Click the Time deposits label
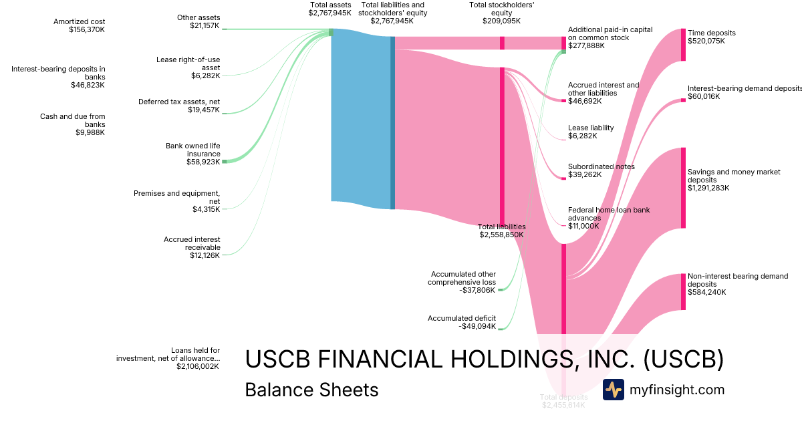[x=711, y=33]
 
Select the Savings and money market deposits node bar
[x=683, y=188]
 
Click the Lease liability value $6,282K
[x=582, y=136]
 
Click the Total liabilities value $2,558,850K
[x=501, y=235]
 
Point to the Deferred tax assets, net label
[x=179, y=102]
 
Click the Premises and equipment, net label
[x=176, y=197]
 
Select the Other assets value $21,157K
[x=204, y=25]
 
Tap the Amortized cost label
[x=80, y=21]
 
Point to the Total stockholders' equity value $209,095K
[x=501, y=21]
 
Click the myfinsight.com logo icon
[x=613, y=390]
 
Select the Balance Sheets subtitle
[x=311, y=390]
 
